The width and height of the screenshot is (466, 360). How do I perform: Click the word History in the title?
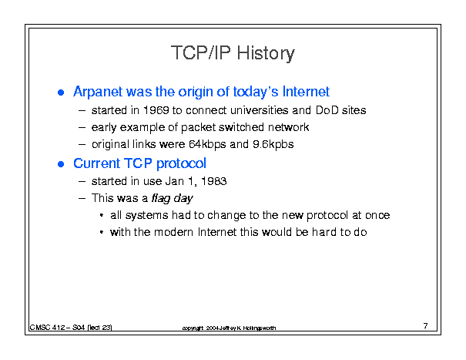(266, 54)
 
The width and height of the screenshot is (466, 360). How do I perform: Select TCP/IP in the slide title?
(201, 52)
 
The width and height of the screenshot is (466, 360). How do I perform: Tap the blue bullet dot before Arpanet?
(61, 93)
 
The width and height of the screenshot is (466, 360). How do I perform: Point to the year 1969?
(156, 110)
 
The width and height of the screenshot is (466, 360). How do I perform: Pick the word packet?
(198, 128)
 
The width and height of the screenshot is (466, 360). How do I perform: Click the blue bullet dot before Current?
(61, 164)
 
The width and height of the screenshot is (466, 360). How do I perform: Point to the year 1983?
(214, 181)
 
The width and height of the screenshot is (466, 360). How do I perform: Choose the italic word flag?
(160, 198)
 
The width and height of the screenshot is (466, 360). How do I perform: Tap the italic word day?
(183, 199)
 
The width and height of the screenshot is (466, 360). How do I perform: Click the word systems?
(146, 215)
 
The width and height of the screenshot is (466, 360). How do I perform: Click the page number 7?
(426, 326)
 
